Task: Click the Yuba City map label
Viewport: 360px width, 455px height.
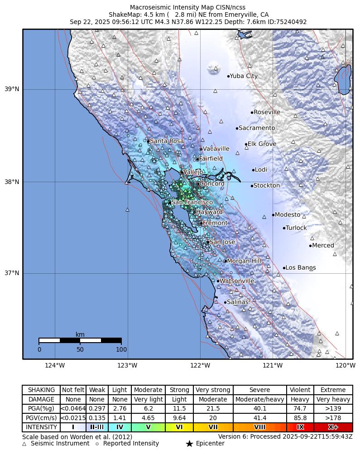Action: coord(244,76)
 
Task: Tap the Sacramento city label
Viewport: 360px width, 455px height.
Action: coord(257,128)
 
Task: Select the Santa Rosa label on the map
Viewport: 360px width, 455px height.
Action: coord(167,141)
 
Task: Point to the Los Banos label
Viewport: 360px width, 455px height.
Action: coord(301,268)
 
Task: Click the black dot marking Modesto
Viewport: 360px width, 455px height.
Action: coord(274,215)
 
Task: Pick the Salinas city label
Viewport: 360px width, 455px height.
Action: coord(238,302)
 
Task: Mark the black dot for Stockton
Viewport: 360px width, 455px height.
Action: coord(252,186)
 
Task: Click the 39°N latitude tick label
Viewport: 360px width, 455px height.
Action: coord(12,89)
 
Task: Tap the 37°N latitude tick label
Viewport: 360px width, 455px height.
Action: coord(12,273)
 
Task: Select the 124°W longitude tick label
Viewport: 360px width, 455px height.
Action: coord(55,366)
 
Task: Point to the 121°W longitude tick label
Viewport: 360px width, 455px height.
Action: coord(273,366)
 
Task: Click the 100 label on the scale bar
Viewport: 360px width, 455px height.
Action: coord(121,349)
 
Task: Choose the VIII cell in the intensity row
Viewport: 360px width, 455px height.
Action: coord(260,427)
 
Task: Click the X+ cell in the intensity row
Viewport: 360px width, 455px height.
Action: coord(333,427)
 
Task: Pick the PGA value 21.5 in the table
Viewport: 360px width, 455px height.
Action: coord(213,409)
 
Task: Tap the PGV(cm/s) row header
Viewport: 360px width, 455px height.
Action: coord(41,418)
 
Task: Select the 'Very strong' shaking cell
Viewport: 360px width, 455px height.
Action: coord(213,390)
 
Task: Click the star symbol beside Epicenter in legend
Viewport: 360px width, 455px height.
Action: coord(189,444)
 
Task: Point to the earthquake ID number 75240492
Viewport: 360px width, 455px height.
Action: coord(288,22)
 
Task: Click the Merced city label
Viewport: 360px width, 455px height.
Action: coord(323,246)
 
